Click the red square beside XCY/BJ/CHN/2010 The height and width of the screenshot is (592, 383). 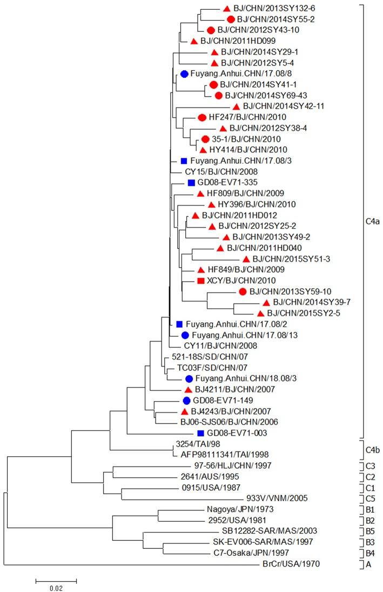click(x=200, y=281)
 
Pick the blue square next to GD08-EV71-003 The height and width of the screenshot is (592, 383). click(x=200, y=433)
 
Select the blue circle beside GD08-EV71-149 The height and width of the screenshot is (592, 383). click(x=186, y=401)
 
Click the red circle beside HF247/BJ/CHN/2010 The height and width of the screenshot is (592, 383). click(x=202, y=117)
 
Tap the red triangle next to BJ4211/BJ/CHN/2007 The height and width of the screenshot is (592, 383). click(x=188, y=389)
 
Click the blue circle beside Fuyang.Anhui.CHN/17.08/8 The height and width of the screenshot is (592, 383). click(x=184, y=74)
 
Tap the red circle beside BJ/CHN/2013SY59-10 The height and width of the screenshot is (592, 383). click(x=243, y=291)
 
